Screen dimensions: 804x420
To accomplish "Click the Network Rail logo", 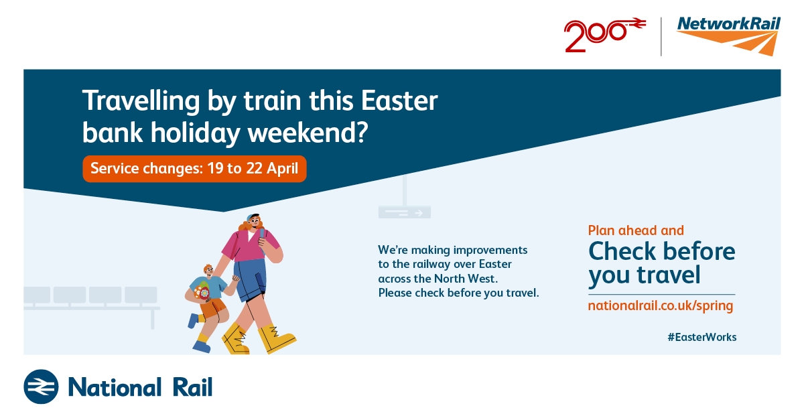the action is pos(728,36).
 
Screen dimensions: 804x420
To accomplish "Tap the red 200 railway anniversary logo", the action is pos(605,35).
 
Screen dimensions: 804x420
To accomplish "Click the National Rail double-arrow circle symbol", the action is pos(41,387).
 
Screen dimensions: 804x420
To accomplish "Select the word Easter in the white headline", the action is pos(399,100).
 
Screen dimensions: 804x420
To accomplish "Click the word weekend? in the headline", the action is pos(308,133).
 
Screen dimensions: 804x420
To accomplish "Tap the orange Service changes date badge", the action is pos(194,169).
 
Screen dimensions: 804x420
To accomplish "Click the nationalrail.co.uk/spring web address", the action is pos(661,306).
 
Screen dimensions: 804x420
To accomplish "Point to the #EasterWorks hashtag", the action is pos(702,337).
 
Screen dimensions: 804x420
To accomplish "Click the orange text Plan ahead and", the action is pos(636,230).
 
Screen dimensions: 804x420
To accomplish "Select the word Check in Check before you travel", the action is pos(622,251).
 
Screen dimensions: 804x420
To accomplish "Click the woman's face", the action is pos(254,222).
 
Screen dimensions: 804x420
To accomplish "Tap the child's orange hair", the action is pos(208,268).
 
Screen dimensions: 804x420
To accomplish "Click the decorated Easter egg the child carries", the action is pos(202,291).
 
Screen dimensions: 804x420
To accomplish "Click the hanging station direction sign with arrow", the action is pos(405,212).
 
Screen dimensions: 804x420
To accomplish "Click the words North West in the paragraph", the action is pos(466,279).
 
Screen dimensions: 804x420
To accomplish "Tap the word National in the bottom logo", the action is pos(115,387).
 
